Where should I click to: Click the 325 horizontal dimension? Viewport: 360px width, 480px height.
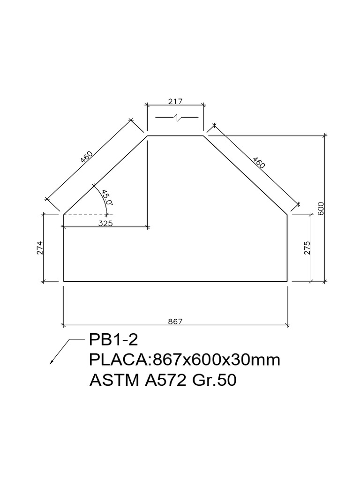(105, 224)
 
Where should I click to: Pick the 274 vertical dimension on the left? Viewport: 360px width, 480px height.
(39, 247)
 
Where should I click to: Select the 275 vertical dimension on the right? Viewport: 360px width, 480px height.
(307, 248)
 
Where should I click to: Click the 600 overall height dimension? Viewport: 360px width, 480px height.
(321, 209)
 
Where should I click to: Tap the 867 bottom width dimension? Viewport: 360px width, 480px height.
(175, 321)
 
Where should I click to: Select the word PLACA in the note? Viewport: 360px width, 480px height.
(119, 360)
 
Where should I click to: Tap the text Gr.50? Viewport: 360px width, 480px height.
(214, 381)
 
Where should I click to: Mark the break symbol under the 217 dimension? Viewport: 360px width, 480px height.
(178, 117)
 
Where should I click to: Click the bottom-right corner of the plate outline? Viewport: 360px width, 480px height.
(287, 281)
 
